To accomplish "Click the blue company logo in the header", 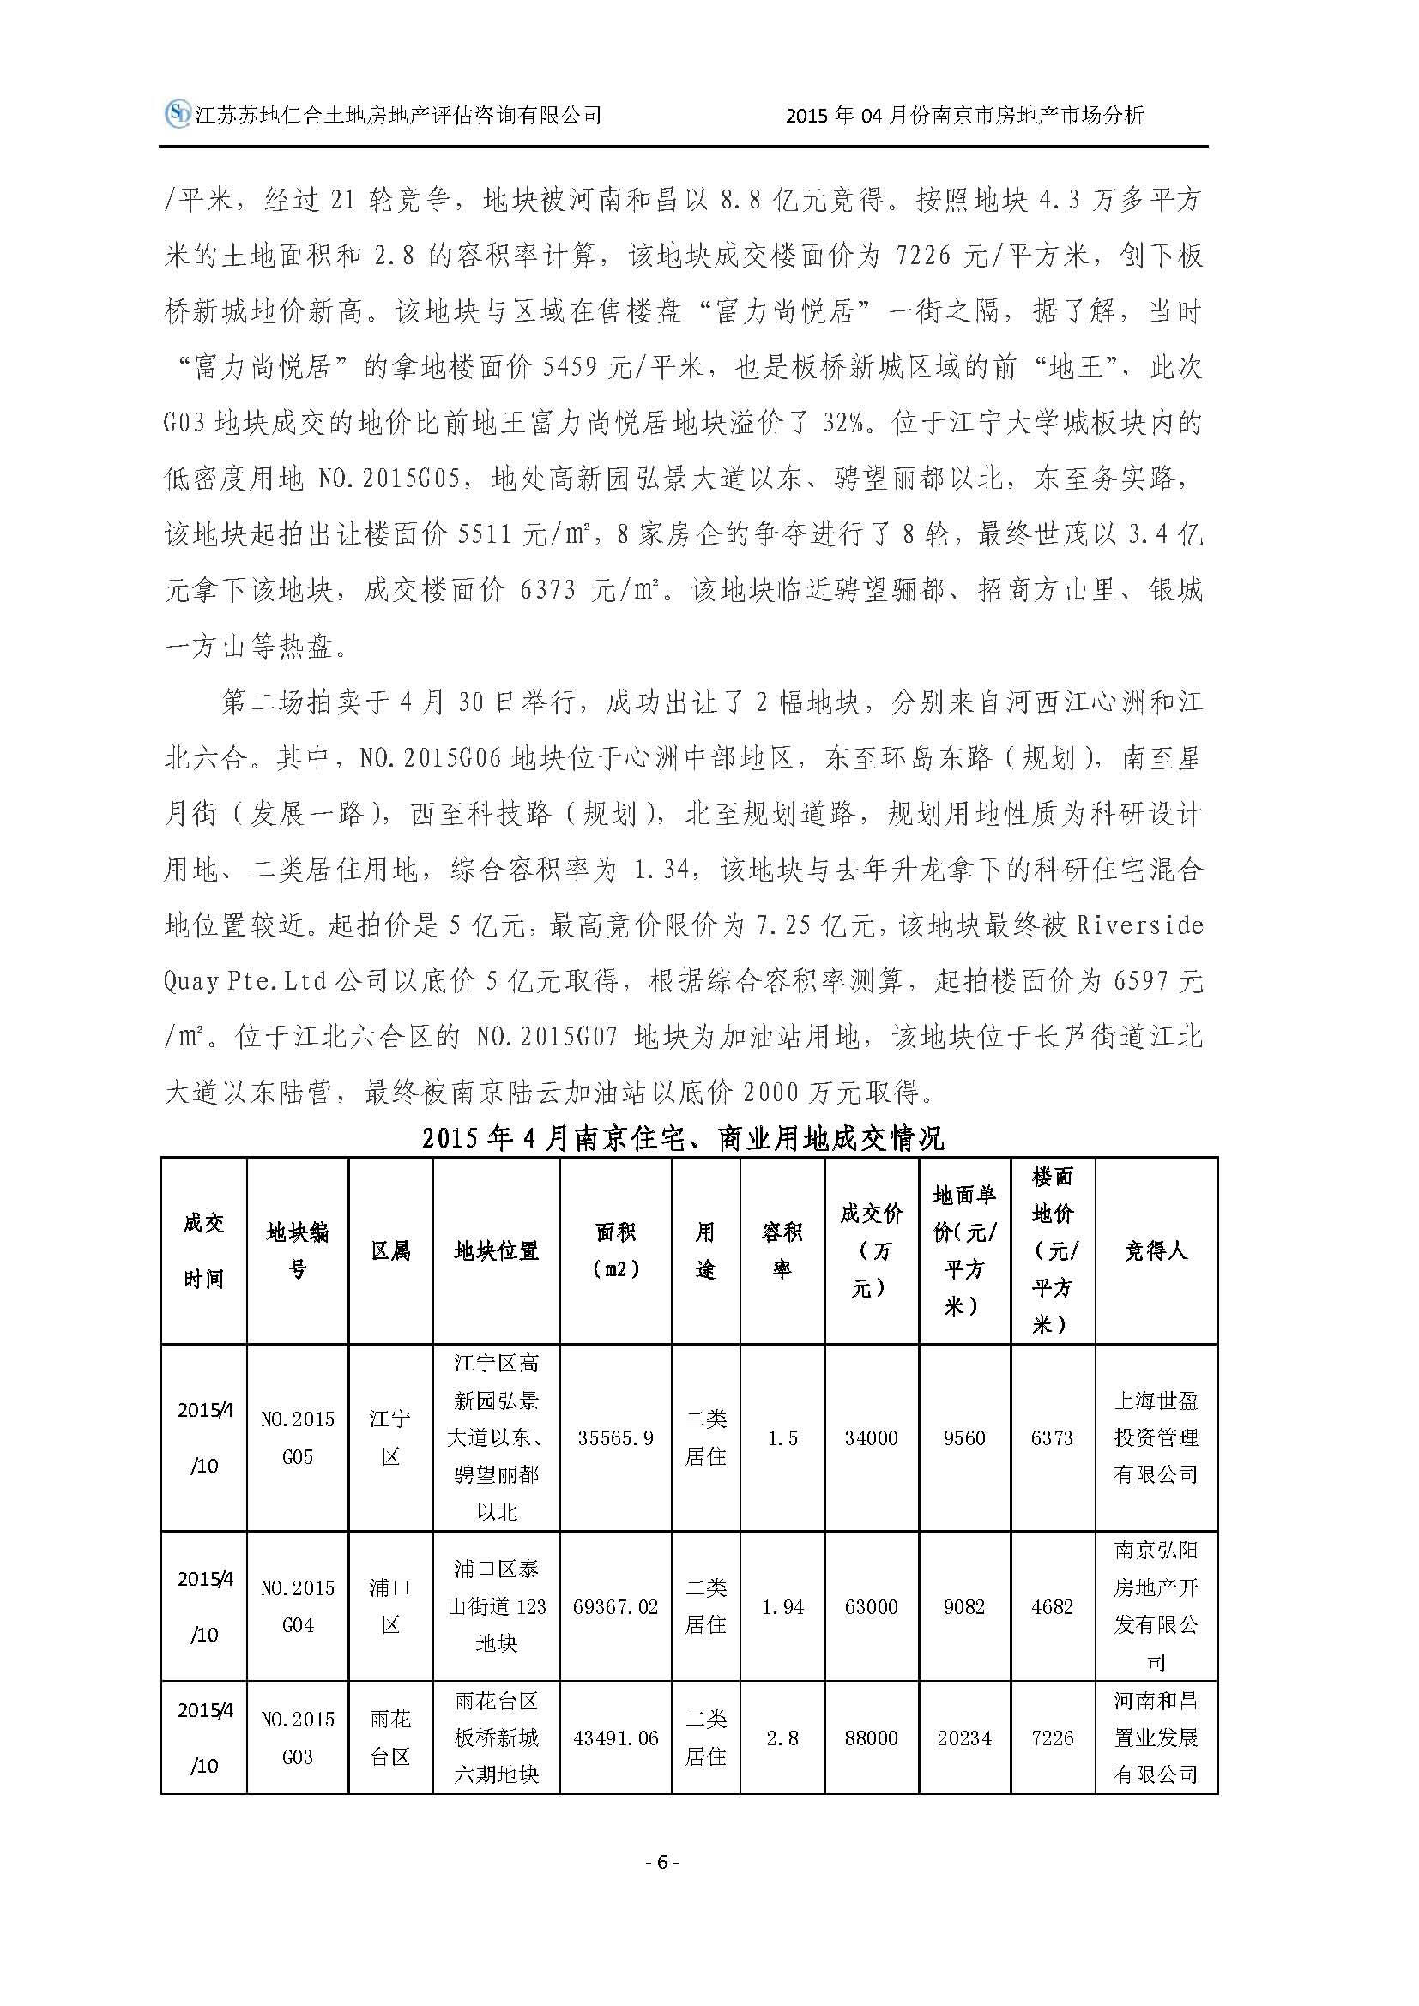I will coord(178,113).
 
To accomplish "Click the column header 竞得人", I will coord(1155,1251).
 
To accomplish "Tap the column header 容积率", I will coord(782,1251).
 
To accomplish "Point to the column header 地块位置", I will coord(496,1251).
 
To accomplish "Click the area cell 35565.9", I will coord(616,1437).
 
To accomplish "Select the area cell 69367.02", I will coord(616,1606).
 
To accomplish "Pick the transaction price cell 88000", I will coord(871,1738).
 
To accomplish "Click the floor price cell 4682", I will coord(1052,1606).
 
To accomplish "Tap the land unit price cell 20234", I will coord(963,1738).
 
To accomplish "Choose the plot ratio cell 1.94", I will coord(782,1606).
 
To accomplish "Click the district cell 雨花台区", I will coord(389,1738).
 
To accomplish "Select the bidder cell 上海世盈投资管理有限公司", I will coord(1155,1437).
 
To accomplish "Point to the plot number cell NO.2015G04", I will coord(297,1606).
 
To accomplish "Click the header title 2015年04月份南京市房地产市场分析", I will coord(964,115).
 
